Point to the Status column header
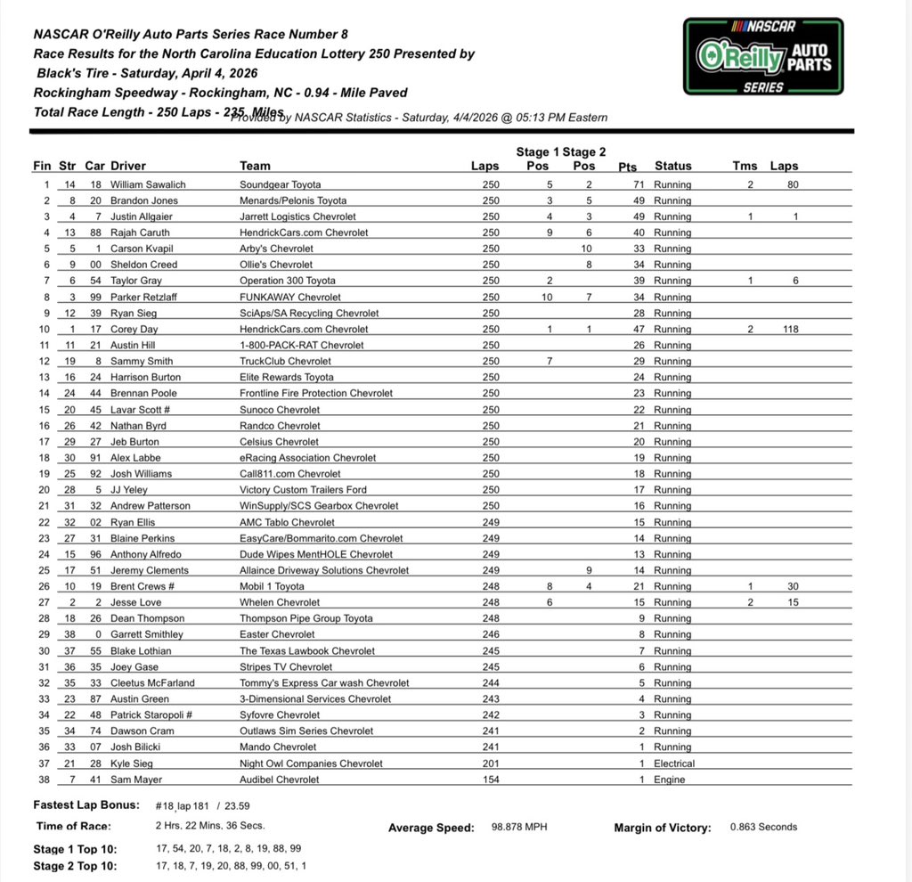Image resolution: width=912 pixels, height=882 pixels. click(x=672, y=166)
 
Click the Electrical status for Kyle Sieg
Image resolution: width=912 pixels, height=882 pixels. click(x=674, y=764)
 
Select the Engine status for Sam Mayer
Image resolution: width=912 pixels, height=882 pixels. click(x=669, y=780)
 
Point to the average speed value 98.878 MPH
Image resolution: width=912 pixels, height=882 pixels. click(x=519, y=827)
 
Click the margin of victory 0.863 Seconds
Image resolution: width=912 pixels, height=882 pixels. click(x=763, y=827)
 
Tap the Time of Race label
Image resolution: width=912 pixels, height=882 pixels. click(x=75, y=826)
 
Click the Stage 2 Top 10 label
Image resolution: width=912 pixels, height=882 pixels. click(x=75, y=865)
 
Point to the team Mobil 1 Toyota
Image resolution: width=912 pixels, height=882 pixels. click(x=272, y=586)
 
